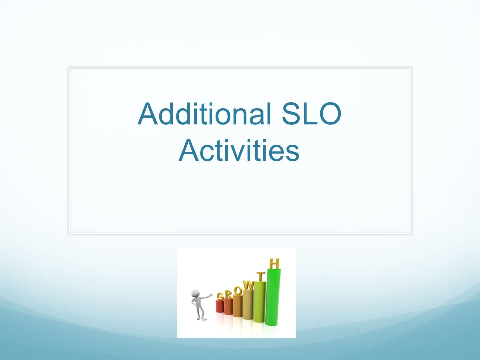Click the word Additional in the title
(x=204, y=114)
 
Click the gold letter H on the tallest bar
(x=274, y=264)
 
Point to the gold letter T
(x=260, y=276)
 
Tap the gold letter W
(x=248, y=286)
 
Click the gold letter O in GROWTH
(x=238, y=291)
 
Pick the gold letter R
(x=228, y=294)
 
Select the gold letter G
(x=220, y=296)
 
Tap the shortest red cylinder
(x=220, y=306)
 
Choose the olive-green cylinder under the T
(x=259, y=302)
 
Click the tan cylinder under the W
(x=248, y=304)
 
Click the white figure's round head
(x=195, y=294)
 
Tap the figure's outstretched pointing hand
(x=210, y=295)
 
